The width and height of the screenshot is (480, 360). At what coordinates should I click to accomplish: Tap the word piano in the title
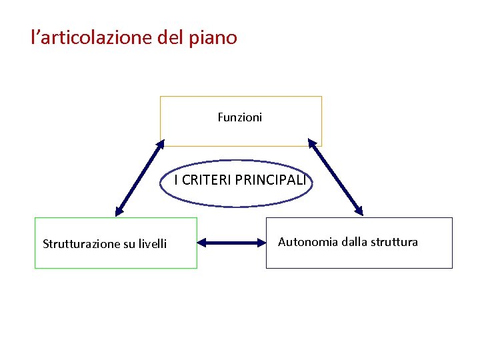point(215,38)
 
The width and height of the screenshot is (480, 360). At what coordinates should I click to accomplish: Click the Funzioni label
point(240,117)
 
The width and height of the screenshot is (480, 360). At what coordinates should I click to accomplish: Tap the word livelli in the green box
point(152,244)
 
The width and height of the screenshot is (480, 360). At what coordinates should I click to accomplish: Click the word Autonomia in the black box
point(308,242)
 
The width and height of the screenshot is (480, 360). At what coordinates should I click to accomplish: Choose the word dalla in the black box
point(354,242)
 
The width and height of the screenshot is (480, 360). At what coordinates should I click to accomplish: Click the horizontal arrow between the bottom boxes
point(232,243)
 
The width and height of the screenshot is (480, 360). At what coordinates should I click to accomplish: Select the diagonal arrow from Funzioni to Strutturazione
point(139,178)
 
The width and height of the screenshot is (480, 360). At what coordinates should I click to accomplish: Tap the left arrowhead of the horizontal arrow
point(202,243)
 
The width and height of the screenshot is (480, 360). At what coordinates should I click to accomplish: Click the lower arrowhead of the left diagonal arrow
point(119,211)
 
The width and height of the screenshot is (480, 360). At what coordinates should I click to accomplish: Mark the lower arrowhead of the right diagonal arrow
point(359,211)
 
